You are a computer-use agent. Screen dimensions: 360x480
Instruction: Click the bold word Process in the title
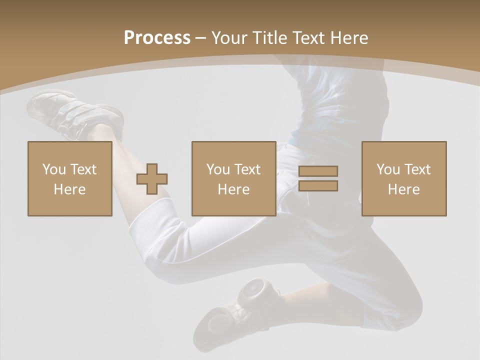point(157,38)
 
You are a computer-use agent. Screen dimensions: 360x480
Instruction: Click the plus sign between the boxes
point(152,178)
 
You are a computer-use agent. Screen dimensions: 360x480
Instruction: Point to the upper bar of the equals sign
point(318,171)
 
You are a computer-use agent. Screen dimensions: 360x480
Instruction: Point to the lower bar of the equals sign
point(318,186)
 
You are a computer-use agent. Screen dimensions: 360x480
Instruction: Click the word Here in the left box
point(69,189)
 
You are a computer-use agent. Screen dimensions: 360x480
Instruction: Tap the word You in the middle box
point(218,169)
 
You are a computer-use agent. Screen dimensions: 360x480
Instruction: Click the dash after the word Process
point(200,38)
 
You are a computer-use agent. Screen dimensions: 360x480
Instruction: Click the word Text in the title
point(307,38)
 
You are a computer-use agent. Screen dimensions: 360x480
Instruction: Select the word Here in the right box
point(403,189)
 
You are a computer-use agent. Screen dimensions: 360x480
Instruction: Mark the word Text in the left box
point(83,169)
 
